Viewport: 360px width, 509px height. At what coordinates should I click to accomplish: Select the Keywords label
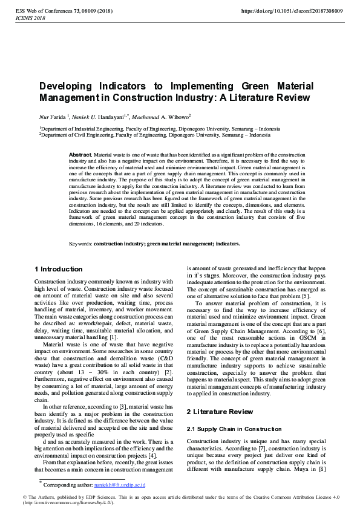pos(80,244)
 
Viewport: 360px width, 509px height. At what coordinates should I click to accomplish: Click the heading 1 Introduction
pos(59,269)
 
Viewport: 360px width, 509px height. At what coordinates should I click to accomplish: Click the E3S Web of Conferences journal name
pos(44,11)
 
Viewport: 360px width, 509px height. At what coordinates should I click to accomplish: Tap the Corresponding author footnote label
pos(68,485)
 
